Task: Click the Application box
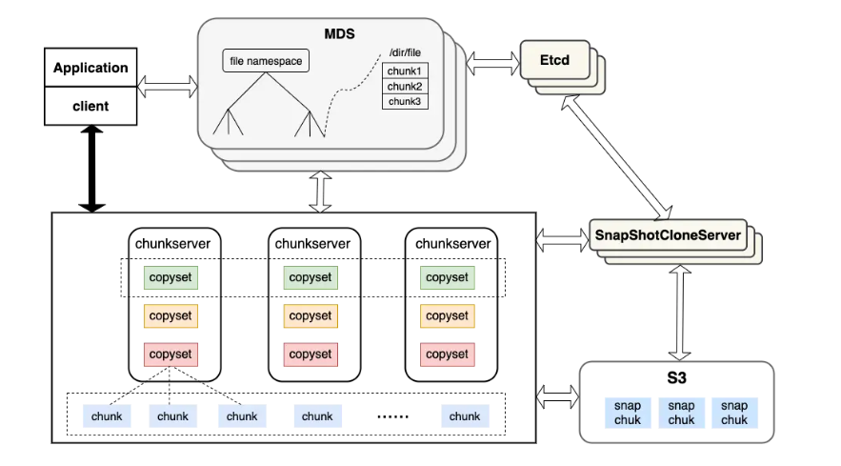(90, 68)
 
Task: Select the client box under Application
(90, 106)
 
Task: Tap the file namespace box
(266, 62)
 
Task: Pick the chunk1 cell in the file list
(406, 71)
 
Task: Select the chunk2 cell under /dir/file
(406, 87)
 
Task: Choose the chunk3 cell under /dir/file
(406, 101)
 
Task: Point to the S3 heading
(676, 378)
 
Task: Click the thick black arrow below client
(91, 169)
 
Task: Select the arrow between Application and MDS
(168, 88)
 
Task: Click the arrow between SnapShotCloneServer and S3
(676, 309)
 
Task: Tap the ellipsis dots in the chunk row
(392, 416)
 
